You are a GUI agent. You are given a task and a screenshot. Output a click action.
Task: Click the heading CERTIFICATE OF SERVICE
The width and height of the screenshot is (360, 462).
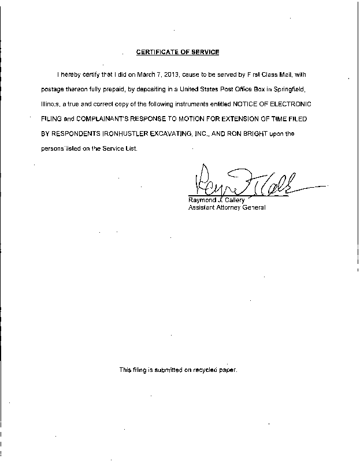coord(177,52)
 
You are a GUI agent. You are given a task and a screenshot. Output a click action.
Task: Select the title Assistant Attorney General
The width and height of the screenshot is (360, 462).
coord(227,207)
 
